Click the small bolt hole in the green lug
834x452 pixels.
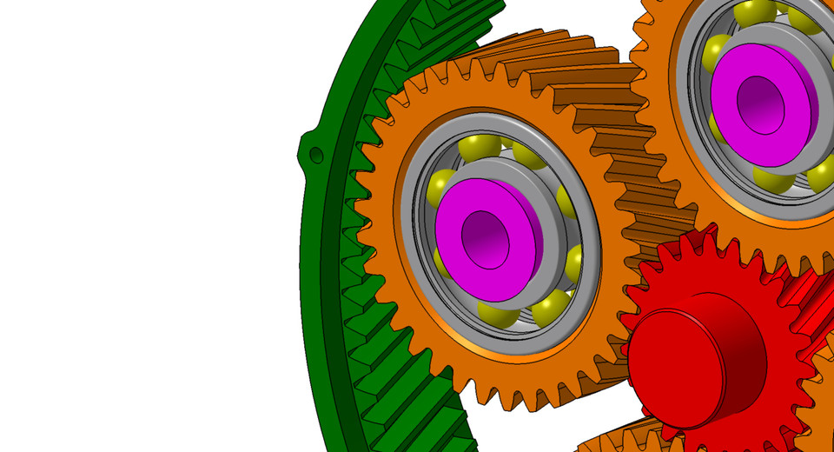pos(316,155)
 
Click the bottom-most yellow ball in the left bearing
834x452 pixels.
pos(496,315)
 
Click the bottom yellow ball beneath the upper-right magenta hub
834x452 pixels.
pos(772,178)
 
